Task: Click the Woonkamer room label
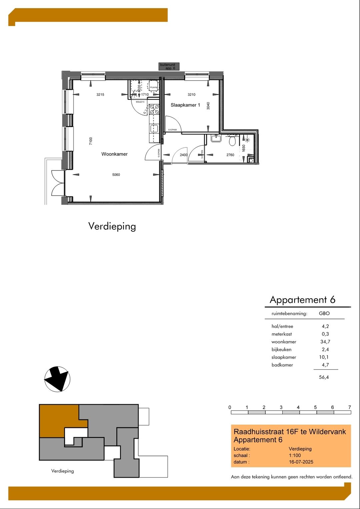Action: (x=114, y=154)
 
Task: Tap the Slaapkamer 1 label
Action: (x=185, y=105)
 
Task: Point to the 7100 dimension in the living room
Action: (x=91, y=141)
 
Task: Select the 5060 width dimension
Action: (x=116, y=175)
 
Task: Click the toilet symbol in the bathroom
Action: (x=232, y=141)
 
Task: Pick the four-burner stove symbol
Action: (x=154, y=109)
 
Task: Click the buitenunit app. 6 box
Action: (x=169, y=67)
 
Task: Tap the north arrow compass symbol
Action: (x=57, y=379)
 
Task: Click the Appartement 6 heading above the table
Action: (x=302, y=300)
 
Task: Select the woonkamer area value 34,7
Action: (x=325, y=342)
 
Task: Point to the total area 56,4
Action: (x=324, y=377)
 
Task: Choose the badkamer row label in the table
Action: (x=282, y=365)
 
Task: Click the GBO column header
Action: (x=324, y=314)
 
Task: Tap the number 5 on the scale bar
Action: (x=315, y=407)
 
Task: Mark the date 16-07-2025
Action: (x=301, y=462)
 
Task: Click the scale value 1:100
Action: (x=295, y=455)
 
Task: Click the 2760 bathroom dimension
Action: (x=230, y=155)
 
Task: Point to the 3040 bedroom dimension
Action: (x=208, y=106)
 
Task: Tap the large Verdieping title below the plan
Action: (x=112, y=226)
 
